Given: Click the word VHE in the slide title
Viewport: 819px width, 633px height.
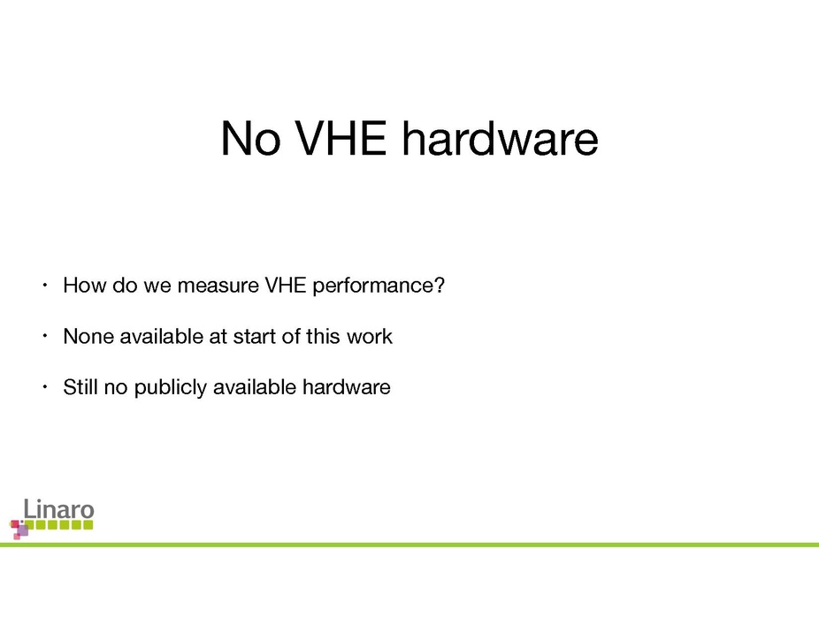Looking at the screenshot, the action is click(x=341, y=138).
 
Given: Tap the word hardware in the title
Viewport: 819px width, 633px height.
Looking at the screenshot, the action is click(x=500, y=138).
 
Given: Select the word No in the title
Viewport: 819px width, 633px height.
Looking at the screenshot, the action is click(x=250, y=138).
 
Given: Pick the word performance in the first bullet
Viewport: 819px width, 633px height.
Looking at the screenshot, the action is click(x=373, y=286).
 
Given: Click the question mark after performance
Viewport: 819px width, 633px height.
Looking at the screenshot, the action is click(x=440, y=286).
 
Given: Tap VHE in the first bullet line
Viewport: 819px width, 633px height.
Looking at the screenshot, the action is click(x=285, y=286).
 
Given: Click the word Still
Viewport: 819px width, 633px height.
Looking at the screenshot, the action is click(x=80, y=387).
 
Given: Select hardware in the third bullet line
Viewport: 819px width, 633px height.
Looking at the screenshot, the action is click(x=347, y=387).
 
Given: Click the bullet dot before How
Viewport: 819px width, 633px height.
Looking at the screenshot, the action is click(x=45, y=286).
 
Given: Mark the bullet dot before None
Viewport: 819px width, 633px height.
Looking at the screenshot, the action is click(x=45, y=336).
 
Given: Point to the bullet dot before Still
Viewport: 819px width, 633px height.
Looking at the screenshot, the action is click(x=45, y=387).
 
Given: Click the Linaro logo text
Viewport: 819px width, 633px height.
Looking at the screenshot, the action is click(x=58, y=508).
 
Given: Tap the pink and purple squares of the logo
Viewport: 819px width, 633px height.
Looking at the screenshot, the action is click(x=19, y=529).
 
